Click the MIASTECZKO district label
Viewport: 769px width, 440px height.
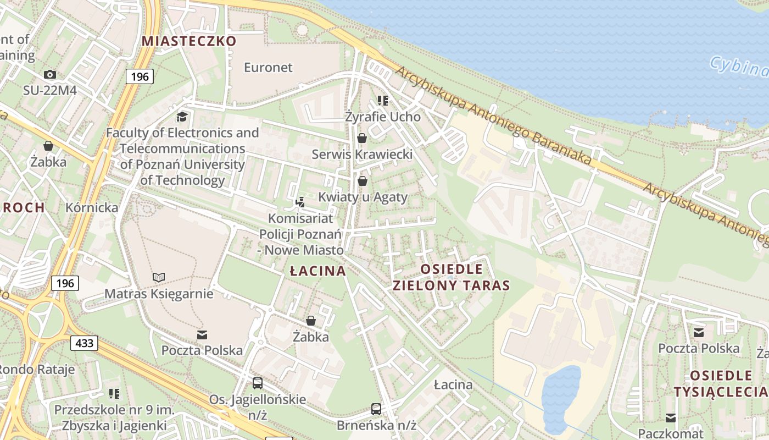click(x=189, y=41)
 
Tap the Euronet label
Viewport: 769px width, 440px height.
click(x=268, y=68)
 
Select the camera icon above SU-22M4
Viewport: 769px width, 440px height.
click(x=50, y=74)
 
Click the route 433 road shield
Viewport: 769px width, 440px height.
click(x=84, y=343)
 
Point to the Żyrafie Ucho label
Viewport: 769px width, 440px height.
click(x=383, y=117)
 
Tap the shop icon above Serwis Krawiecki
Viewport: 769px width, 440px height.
click(x=362, y=138)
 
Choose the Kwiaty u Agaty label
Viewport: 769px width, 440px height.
click(x=363, y=197)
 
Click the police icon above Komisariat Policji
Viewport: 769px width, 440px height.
click(x=300, y=202)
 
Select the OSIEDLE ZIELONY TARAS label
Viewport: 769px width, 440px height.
click(x=452, y=277)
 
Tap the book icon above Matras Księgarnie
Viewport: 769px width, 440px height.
click(x=159, y=278)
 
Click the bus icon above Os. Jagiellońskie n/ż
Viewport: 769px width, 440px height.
click(x=257, y=383)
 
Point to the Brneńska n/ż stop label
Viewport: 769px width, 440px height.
click(x=377, y=425)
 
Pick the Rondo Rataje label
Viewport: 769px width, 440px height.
click(x=36, y=369)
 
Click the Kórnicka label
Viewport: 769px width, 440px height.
click(x=92, y=207)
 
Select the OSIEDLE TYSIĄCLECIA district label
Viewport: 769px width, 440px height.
click(x=720, y=383)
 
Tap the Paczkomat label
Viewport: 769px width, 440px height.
click(x=671, y=432)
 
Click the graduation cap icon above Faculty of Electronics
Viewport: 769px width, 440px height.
click(x=182, y=117)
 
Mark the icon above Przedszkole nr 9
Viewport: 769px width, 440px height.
click(x=114, y=393)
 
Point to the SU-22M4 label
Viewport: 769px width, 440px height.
click(x=49, y=90)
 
